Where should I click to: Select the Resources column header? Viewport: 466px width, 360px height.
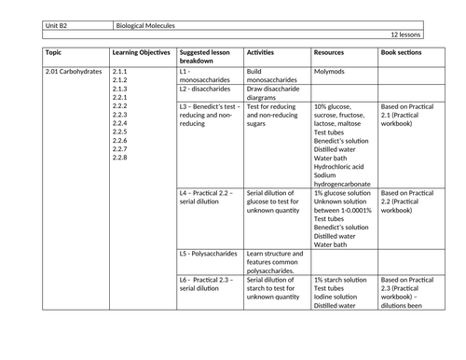pos(332,52)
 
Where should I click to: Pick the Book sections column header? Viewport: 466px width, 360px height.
pos(402,52)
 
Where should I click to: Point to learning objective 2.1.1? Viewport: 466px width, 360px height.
pos(119,71)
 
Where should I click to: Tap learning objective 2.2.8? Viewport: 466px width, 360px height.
pos(119,157)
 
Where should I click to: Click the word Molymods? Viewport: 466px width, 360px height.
pos(331,71)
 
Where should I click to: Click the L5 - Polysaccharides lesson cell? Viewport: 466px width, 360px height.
pos(210,253)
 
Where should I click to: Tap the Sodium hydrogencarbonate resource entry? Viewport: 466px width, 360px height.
pos(345,179)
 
